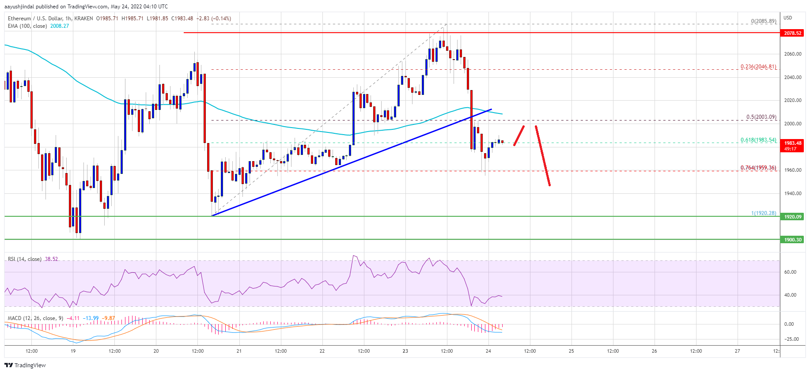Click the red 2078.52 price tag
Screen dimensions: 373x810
point(792,33)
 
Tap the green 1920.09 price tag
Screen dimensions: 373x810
point(792,217)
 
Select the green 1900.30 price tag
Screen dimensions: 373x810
point(792,240)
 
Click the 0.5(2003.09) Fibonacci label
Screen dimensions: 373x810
point(761,117)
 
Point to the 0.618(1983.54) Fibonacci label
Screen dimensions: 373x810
point(758,140)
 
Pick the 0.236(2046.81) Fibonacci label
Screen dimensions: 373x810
point(758,67)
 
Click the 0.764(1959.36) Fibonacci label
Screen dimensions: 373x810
point(758,168)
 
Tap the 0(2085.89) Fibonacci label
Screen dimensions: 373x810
point(763,21)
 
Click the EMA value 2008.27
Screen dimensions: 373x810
point(59,26)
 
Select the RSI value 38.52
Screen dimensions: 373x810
point(51,259)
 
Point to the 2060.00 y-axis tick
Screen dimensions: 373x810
point(792,54)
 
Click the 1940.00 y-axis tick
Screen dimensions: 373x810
point(792,193)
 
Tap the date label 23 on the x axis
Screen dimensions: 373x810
point(405,351)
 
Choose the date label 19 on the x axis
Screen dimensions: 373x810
point(73,351)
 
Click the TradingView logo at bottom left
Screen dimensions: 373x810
point(25,365)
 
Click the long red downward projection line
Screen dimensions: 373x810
point(543,156)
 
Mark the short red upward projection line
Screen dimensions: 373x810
point(519,136)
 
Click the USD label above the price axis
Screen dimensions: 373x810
point(788,18)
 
